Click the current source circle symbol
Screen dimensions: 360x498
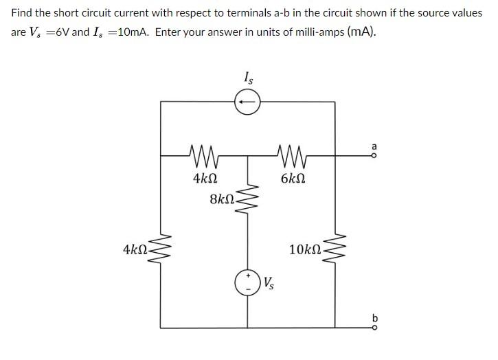(x=247, y=102)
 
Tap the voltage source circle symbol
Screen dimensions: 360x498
(x=247, y=282)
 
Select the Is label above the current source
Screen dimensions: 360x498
(x=248, y=78)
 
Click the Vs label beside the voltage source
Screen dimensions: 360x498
(x=269, y=282)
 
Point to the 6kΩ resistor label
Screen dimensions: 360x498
(x=293, y=179)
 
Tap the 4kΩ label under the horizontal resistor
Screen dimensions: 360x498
(x=205, y=179)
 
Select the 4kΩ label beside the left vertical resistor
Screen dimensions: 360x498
(x=135, y=248)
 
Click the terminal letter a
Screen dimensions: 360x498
(x=374, y=146)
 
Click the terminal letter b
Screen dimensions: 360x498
(x=374, y=317)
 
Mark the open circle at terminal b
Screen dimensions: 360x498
(x=374, y=328)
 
